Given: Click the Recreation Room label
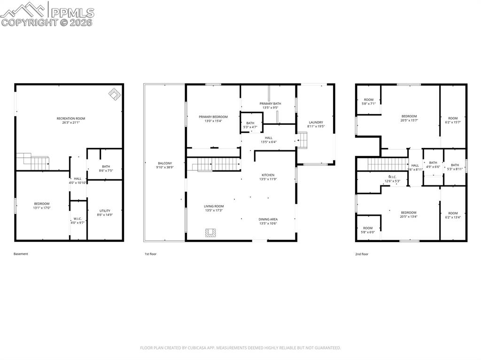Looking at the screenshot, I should [x=71, y=118].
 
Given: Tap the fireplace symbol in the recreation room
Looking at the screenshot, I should [x=115, y=94].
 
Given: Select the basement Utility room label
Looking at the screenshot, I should [x=105, y=211].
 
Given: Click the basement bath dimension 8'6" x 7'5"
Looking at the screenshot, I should [x=106, y=171].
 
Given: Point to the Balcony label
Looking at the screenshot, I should [x=165, y=163].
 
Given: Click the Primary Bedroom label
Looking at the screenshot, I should [x=213, y=116].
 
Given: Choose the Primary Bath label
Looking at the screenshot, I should [x=270, y=103].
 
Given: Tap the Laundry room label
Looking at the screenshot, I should [x=316, y=122].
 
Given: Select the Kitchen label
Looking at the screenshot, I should [x=268, y=175].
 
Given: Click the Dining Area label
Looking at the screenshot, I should [x=268, y=219].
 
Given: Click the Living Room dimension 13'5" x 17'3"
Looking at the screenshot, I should [x=214, y=211].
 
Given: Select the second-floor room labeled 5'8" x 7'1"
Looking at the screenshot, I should [x=369, y=103].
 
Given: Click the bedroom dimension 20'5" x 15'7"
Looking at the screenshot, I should [x=409, y=120].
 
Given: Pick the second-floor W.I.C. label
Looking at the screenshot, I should [x=392, y=177].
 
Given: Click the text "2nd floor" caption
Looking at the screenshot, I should [x=362, y=254].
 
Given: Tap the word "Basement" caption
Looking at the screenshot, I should [x=21, y=254].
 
